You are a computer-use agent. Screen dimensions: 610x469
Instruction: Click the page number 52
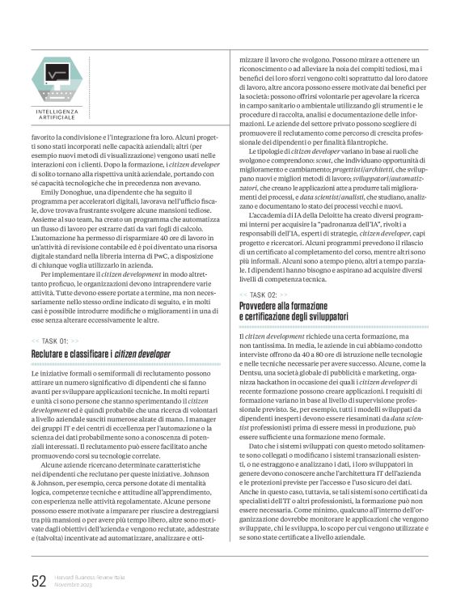[x=37, y=581]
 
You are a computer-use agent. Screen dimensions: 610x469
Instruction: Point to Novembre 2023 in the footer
[x=74, y=585]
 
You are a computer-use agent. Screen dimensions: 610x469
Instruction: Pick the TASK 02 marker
[x=264, y=273]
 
